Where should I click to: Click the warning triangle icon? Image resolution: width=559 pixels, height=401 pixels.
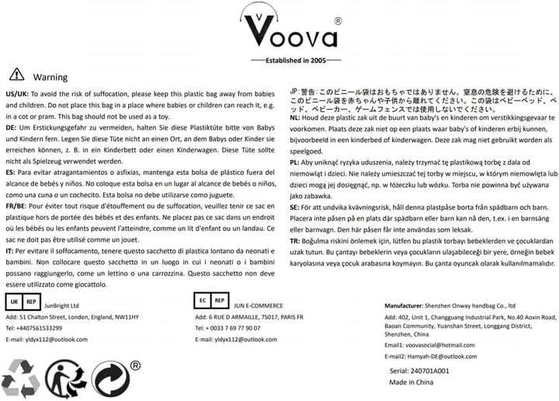point(16,75)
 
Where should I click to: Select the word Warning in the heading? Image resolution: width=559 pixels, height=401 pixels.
point(50,77)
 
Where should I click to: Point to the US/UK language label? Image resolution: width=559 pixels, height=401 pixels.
point(17,92)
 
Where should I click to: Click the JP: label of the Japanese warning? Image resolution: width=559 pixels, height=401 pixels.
point(295,89)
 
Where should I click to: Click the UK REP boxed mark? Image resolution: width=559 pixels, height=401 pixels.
point(23,301)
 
